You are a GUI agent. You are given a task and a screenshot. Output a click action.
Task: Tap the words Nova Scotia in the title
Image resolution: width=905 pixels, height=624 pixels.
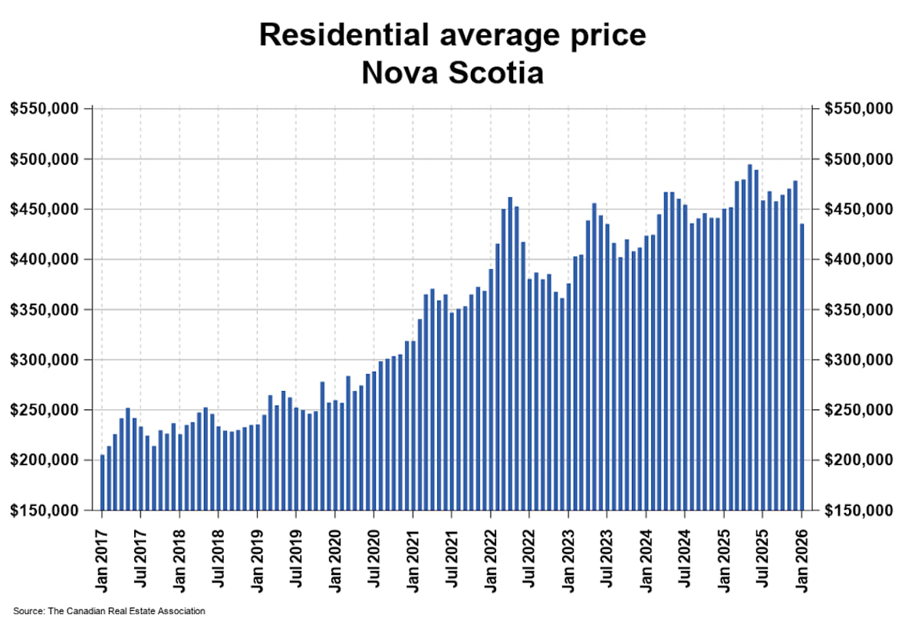tap(452, 74)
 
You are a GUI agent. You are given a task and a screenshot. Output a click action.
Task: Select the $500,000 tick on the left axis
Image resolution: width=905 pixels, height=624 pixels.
tap(44, 159)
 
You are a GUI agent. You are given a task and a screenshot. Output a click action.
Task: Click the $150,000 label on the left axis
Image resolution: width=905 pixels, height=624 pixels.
tap(44, 511)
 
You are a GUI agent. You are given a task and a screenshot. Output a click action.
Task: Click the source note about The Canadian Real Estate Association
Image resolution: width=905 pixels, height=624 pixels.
tap(109, 611)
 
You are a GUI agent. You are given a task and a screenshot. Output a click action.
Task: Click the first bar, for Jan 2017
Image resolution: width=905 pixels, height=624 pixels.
tap(103, 483)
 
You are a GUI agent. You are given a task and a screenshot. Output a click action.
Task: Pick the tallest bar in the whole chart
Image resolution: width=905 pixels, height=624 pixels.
tap(750, 337)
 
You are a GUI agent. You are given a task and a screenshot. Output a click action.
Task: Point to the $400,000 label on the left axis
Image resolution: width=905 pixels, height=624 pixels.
tap(44, 260)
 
